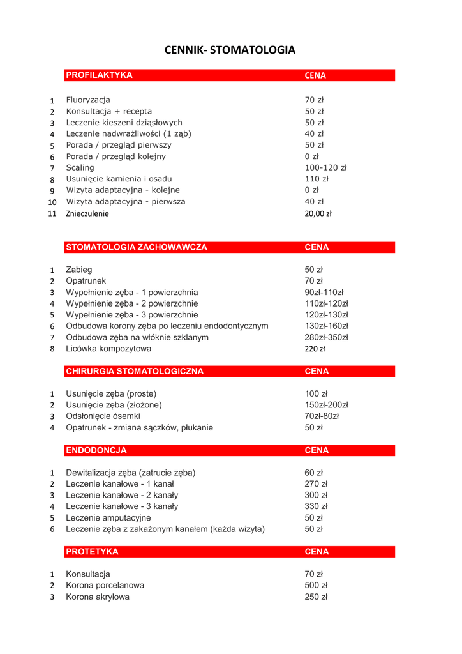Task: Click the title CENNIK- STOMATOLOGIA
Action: (230, 50)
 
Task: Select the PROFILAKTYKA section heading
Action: (100, 75)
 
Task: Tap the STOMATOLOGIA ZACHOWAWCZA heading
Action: (137, 247)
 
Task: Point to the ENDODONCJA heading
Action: (96, 450)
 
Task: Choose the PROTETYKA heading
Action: (92, 551)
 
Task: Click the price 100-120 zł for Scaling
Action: (325, 168)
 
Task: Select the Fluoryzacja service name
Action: (88, 100)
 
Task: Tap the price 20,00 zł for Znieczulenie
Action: (318, 214)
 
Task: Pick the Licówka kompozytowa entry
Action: (108, 349)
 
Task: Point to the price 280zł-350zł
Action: (326, 337)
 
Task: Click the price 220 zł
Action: (315, 349)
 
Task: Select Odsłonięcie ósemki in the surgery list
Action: (103, 416)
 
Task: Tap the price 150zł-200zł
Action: (326, 405)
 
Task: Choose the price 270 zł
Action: (316, 484)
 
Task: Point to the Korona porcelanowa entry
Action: (105, 586)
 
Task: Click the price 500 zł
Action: (316, 586)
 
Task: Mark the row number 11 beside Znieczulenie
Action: (52, 214)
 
